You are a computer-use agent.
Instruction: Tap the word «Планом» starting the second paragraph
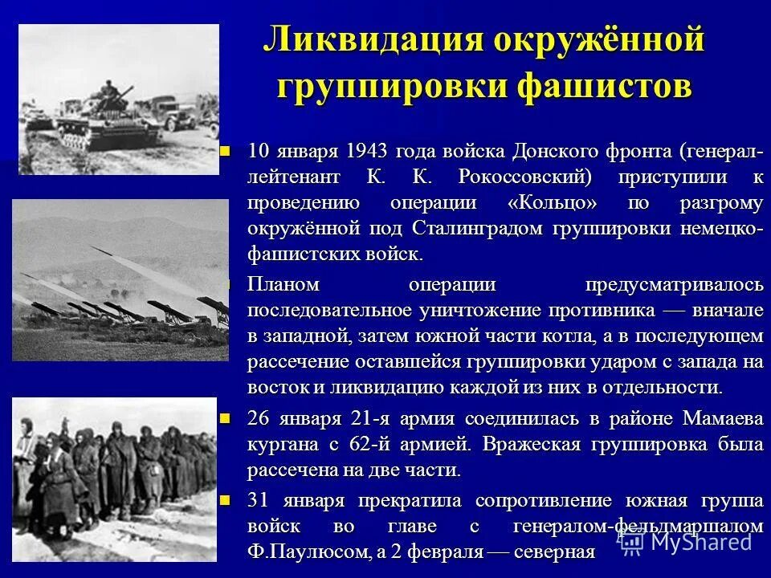point(283,284)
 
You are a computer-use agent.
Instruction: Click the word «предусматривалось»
point(673,284)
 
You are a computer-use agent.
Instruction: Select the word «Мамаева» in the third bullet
point(722,418)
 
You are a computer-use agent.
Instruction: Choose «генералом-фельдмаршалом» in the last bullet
point(636,527)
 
